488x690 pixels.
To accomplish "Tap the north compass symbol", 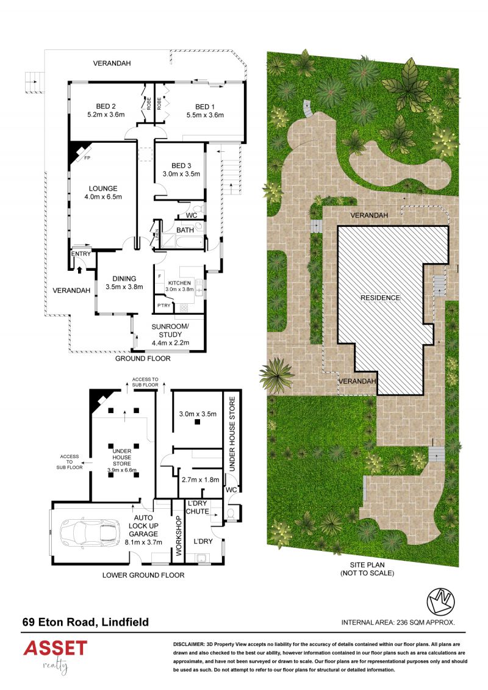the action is tap(440, 602).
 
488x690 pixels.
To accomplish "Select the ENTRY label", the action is tap(81, 254).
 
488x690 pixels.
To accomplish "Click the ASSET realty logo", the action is tap(56, 656).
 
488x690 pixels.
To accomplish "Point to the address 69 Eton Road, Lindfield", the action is tap(86, 622).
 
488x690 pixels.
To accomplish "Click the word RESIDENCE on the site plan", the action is tap(380, 298).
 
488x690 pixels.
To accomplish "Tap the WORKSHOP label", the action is tap(178, 535).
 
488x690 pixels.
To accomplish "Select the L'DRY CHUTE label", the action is tap(198, 508).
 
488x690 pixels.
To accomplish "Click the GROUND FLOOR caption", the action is tap(143, 359).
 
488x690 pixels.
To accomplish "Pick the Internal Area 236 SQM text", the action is tap(398, 623).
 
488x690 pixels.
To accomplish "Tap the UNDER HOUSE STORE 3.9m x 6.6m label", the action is tap(122, 460).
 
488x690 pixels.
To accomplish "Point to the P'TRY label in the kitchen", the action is tap(163, 306).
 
